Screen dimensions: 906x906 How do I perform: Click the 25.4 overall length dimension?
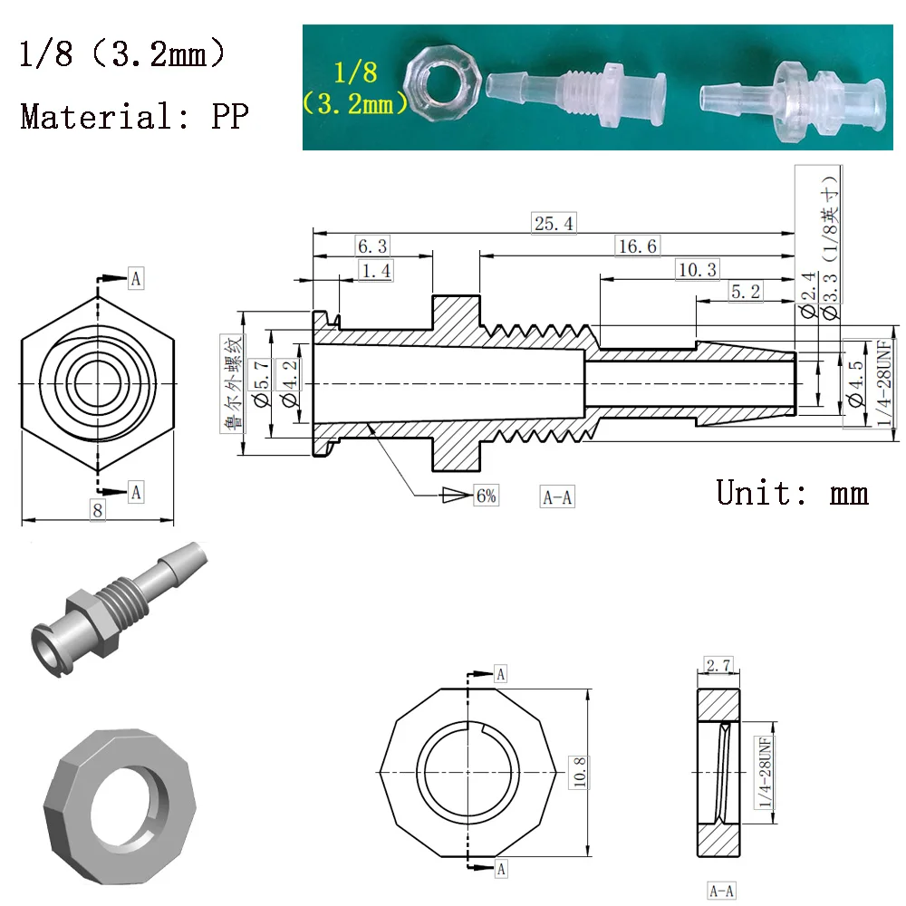[x=554, y=223]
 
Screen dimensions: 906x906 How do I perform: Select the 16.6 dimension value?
[x=636, y=246]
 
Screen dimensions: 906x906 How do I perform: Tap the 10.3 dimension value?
[x=697, y=269]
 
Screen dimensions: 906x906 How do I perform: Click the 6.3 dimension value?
[x=371, y=246]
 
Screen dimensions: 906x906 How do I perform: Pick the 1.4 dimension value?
[x=376, y=270]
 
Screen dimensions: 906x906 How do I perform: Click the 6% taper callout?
[x=485, y=496]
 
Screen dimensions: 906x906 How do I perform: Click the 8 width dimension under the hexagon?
[x=98, y=511]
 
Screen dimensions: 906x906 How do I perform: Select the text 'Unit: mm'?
[x=793, y=492]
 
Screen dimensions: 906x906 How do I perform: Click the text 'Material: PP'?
[x=133, y=116]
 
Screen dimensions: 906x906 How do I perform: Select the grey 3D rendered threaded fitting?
[x=113, y=603]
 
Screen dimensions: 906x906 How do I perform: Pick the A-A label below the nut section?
[x=722, y=891]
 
